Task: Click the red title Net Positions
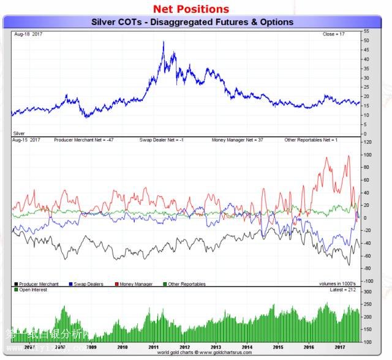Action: click(190, 9)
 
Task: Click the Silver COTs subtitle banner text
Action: click(192, 22)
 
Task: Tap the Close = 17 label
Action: click(334, 34)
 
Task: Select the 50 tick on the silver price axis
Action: click(366, 40)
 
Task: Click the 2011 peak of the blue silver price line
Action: click(163, 42)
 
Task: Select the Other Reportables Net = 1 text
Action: click(311, 140)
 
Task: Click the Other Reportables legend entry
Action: click(185, 284)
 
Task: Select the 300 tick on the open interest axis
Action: click(367, 292)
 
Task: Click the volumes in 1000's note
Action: click(337, 284)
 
